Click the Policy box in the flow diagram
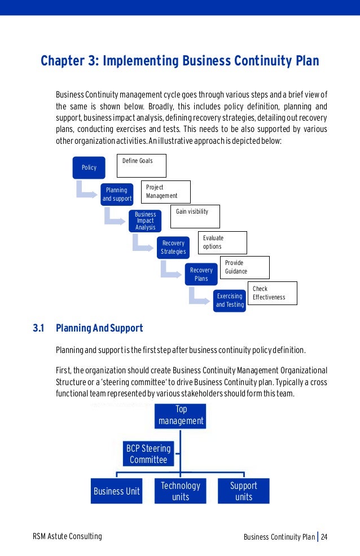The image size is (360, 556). (x=89, y=167)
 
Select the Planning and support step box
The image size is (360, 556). (x=117, y=194)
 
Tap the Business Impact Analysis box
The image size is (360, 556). (x=145, y=220)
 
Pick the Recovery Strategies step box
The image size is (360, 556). (x=173, y=247)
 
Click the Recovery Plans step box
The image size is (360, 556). (x=201, y=274)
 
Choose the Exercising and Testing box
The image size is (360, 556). (x=230, y=300)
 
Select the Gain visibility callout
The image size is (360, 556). (x=195, y=216)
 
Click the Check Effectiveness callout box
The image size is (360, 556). (x=272, y=293)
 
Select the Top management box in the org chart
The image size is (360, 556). (x=181, y=415)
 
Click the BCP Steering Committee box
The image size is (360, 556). (x=148, y=454)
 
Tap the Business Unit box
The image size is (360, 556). (x=117, y=491)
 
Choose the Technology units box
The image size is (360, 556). (x=181, y=491)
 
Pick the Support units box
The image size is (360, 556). (x=244, y=491)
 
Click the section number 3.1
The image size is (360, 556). (x=38, y=328)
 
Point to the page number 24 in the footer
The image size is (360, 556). (x=324, y=536)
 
